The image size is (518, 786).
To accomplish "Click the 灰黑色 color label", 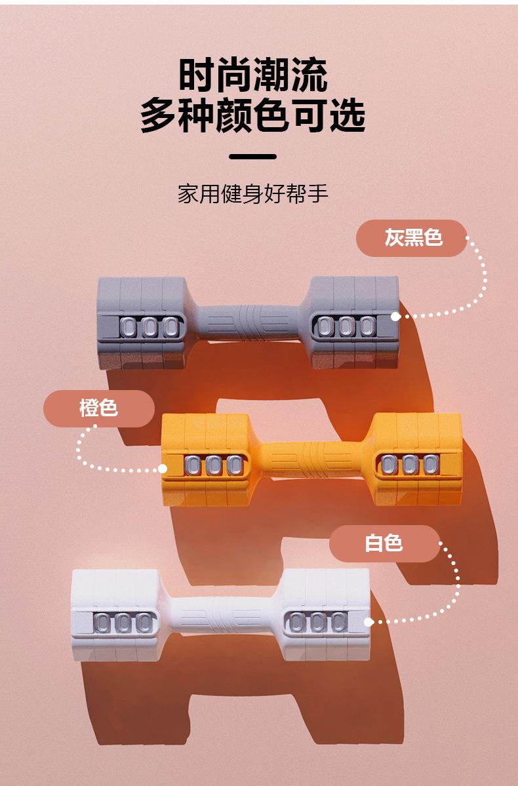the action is point(412,237).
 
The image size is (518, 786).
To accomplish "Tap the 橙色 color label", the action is point(99,408).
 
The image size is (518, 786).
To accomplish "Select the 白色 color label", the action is point(384,543).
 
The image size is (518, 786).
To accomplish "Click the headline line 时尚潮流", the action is point(253,77).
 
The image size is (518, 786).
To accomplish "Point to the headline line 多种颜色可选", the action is point(253,116).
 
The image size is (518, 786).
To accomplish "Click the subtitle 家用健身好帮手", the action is point(253,194).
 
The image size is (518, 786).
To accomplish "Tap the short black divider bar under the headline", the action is point(253,157).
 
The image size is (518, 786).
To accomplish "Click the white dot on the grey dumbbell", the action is point(395,316).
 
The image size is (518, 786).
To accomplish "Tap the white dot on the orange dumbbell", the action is point(163,469).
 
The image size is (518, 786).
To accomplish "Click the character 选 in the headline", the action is point(348,116).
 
